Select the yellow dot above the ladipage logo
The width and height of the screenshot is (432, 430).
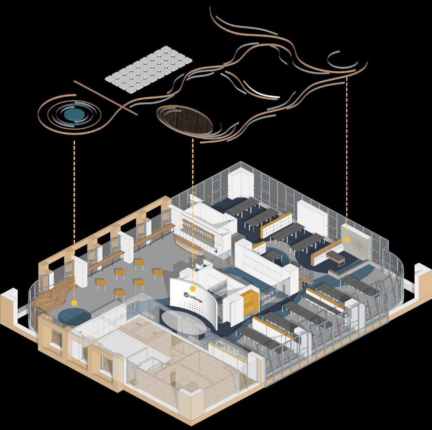click(x=193, y=288)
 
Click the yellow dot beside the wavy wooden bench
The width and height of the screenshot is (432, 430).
click(x=74, y=303)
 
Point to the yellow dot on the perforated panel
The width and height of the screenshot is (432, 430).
click(x=346, y=239)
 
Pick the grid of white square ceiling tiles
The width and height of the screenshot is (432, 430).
click(x=149, y=71)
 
